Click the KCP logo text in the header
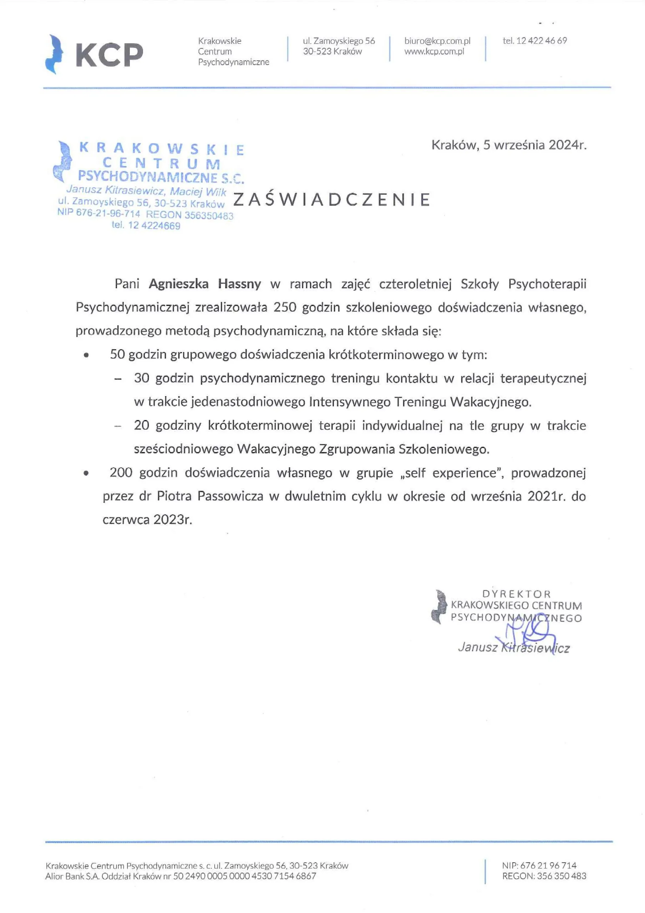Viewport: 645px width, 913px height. coord(110,55)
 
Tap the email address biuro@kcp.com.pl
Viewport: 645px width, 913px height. coord(437,41)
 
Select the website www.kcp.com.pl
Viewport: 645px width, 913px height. coord(434,52)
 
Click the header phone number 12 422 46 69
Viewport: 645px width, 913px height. coord(541,41)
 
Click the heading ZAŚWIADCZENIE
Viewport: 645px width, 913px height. coord(332,200)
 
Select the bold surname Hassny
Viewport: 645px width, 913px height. coord(239,284)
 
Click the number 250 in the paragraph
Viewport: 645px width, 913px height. coord(285,307)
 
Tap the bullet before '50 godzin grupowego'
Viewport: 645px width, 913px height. coord(86,355)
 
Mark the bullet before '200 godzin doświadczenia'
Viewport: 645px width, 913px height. coord(86,473)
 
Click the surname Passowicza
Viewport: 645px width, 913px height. coord(230,496)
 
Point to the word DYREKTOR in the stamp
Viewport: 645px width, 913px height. coord(516,594)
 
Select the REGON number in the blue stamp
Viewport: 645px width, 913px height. coord(209,215)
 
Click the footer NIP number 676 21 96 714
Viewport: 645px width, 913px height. coord(548,865)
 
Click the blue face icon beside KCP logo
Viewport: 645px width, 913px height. coord(55,55)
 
